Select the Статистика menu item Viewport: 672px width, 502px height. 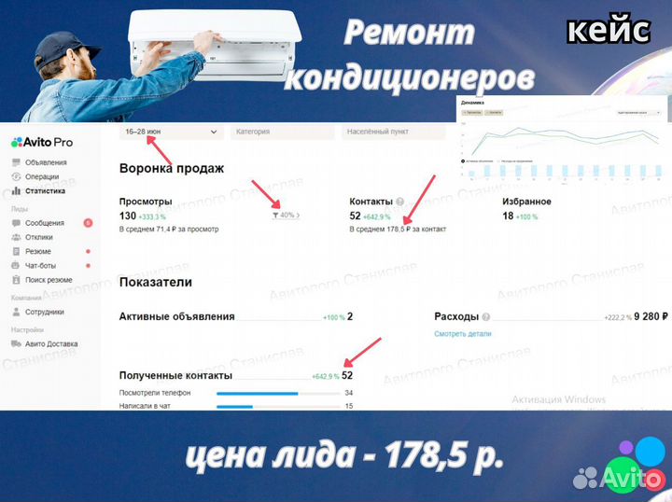pos(45,190)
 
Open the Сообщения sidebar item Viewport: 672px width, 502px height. pos(45,223)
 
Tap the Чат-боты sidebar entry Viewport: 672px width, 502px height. pos(41,266)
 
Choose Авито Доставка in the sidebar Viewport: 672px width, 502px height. pos(51,344)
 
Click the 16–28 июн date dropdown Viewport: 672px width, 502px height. pos(172,132)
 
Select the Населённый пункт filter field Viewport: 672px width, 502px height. pos(398,132)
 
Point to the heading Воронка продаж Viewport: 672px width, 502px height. pos(172,169)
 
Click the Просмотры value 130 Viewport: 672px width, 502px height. pos(128,215)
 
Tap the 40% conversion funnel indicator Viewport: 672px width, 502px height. pos(285,216)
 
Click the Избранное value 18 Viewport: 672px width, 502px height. pos(508,215)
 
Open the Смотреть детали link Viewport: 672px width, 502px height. pos(462,334)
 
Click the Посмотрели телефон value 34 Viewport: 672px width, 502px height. pos(348,394)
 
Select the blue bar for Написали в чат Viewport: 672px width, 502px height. pos(234,407)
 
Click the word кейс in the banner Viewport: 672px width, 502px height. pos(608,30)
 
